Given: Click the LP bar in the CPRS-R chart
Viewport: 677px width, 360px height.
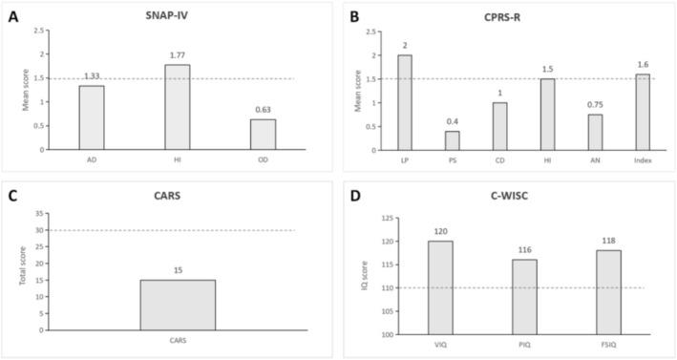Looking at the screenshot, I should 404,101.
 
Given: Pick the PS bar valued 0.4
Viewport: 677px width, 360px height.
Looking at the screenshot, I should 452,139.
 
